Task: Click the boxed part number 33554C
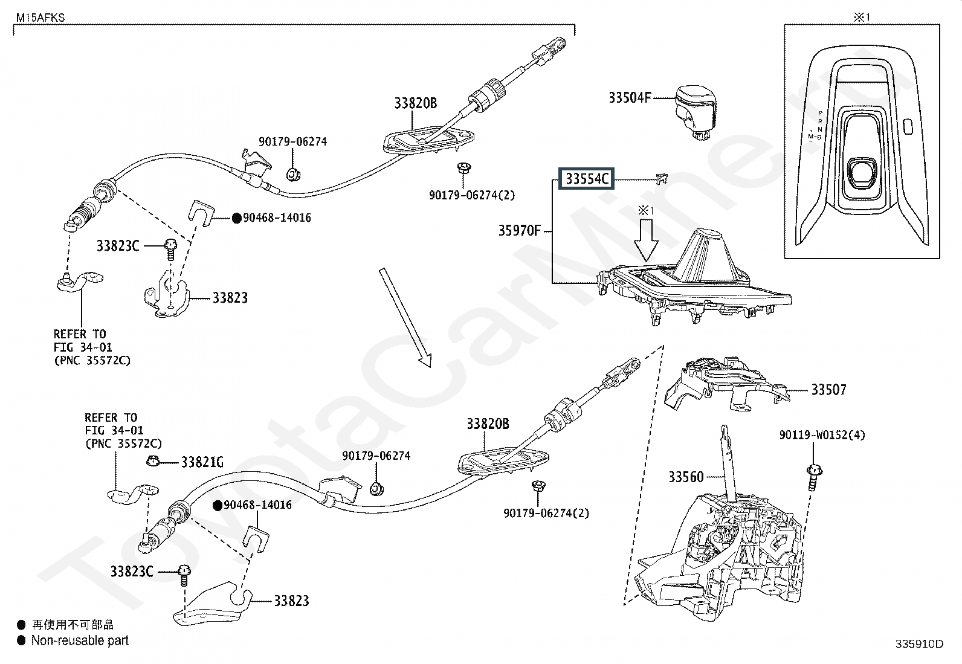(586, 179)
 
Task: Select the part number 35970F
(519, 231)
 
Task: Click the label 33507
(828, 390)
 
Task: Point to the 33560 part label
(686, 477)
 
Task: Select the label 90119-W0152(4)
(822, 435)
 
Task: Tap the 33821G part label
(202, 462)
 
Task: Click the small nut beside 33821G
(153, 461)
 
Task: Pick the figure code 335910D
(920, 644)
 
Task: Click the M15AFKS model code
(40, 18)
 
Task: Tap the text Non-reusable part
(80, 640)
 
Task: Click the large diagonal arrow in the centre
(405, 318)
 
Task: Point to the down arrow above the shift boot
(646, 240)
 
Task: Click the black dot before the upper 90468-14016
(237, 218)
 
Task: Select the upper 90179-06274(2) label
(472, 195)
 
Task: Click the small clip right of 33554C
(662, 179)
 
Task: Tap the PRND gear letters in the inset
(820, 125)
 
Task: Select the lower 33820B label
(488, 424)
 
